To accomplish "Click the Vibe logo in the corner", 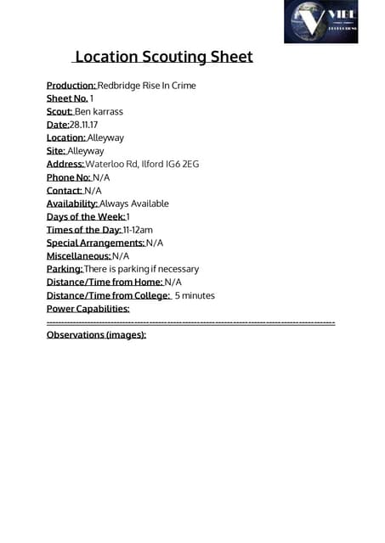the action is click(x=320, y=22).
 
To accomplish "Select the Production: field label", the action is click(x=71, y=86).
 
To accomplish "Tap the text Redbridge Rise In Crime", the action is click(x=147, y=86).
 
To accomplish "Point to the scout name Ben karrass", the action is click(x=99, y=111).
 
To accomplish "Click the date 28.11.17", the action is click(x=83, y=125).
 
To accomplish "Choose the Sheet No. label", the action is click(x=67, y=98).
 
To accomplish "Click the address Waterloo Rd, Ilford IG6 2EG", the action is click(x=142, y=164).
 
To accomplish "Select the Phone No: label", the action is click(x=68, y=177).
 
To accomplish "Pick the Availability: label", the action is click(x=72, y=204).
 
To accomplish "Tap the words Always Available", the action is click(x=134, y=204).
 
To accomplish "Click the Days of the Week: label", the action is click(x=85, y=216).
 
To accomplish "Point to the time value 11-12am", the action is click(x=138, y=230).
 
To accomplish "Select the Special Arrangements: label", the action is click(x=95, y=243).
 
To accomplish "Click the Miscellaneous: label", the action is click(x=78, y=255).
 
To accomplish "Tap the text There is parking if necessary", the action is click(x=141, y=269).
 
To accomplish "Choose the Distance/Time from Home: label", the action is click(x=104, y=282).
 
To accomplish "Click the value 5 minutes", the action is click(x=195, y=295).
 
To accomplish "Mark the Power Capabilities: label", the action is click(x=88, y=309).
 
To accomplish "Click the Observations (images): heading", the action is click(x=96, y=335).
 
